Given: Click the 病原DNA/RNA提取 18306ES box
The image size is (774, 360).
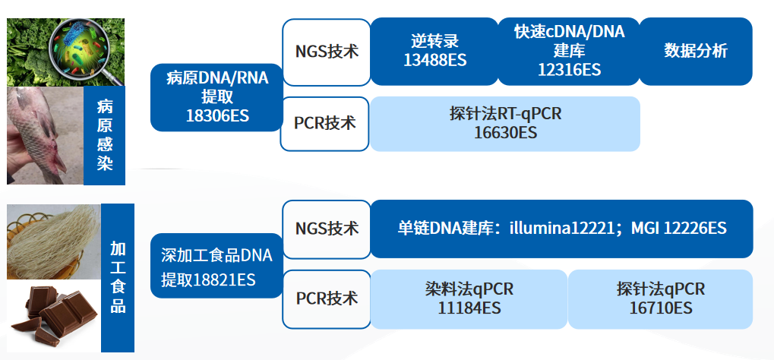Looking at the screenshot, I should click(216, 96).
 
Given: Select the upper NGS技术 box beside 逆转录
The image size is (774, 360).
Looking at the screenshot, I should click(326, 52).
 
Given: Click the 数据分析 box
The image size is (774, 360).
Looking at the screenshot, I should click(696, 51).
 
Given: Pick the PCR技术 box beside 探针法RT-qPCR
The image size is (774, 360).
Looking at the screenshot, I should click(325, 122).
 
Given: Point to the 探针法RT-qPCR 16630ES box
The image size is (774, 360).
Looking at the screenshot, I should click(504, 123).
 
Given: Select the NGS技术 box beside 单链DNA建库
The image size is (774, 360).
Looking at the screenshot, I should click(326, 228).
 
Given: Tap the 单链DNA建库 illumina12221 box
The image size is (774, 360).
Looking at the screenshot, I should click(561, 229).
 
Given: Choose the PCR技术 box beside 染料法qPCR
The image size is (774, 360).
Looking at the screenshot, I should click(326, 298).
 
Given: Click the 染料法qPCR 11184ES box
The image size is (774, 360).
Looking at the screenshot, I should click(469, 298).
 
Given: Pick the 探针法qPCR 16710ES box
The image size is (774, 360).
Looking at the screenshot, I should click(660, 298).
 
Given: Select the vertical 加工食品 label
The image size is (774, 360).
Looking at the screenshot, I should click(117, 277).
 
